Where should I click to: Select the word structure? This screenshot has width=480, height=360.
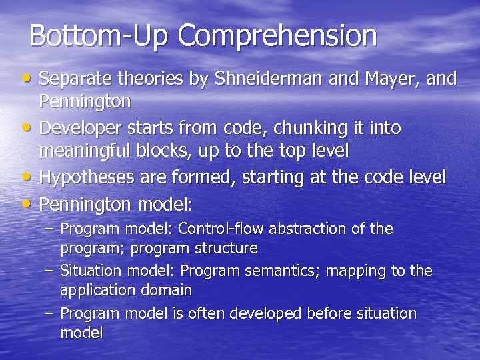point(225,248)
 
